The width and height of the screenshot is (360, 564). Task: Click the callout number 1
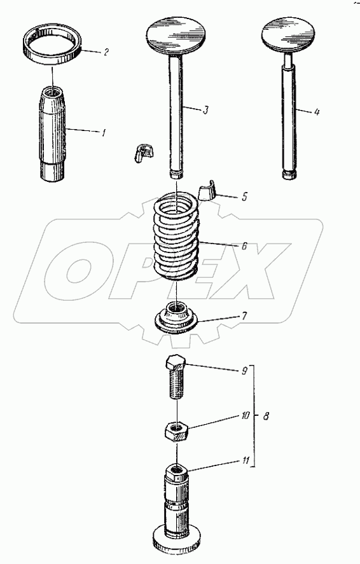point(104,133)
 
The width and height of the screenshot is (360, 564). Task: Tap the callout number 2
point(106,53)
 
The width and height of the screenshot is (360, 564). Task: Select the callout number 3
point(205,110)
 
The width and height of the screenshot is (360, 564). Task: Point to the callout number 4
point(317,112)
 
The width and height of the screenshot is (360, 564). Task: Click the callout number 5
point(244,197)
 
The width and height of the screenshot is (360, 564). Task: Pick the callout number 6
point(244,246)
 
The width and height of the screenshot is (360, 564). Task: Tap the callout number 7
point(244,316)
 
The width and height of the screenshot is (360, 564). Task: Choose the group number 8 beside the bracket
point(266,416)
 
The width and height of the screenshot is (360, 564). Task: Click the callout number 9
point(244,371)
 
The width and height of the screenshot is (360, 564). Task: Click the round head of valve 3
point(177,34)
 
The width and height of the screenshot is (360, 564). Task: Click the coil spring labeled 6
point(176,236)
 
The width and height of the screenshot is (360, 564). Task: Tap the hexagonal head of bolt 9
point(176,364)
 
